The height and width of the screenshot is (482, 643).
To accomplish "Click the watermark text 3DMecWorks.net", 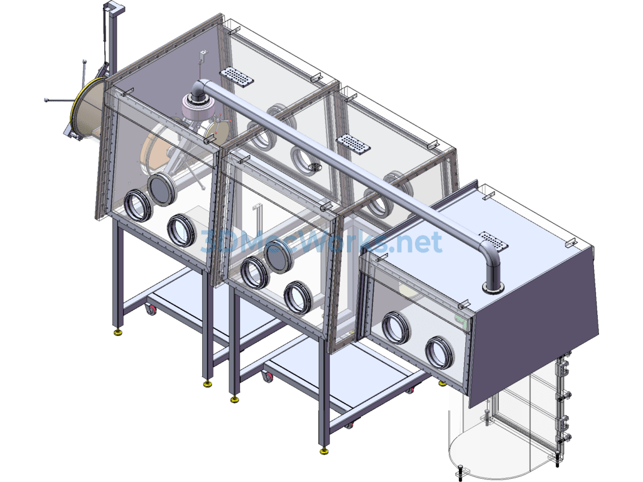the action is click(x=321, y=242).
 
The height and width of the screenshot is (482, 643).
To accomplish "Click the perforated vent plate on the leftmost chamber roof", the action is click(x=237, y=77).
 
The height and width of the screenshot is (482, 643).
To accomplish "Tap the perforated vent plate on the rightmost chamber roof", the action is click(x=494, y=241).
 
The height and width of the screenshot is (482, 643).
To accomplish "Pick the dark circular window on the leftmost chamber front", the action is click(x=161, y=188).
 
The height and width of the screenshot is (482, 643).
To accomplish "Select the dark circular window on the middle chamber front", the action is click(x=279, y=256).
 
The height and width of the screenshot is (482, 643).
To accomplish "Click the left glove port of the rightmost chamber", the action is click(x=396, y=328).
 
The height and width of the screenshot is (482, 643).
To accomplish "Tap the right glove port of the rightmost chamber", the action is click(x=439, y=353).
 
